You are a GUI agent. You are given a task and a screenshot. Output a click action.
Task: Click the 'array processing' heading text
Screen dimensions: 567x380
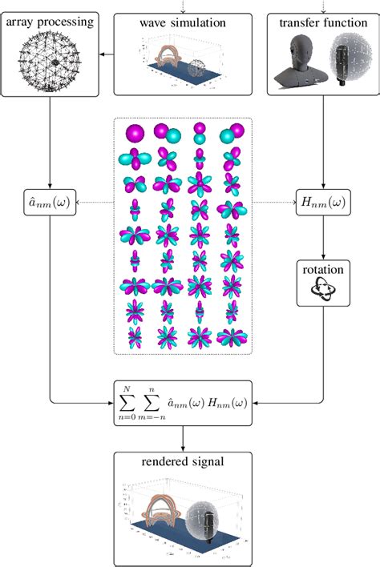click(50, 20)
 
